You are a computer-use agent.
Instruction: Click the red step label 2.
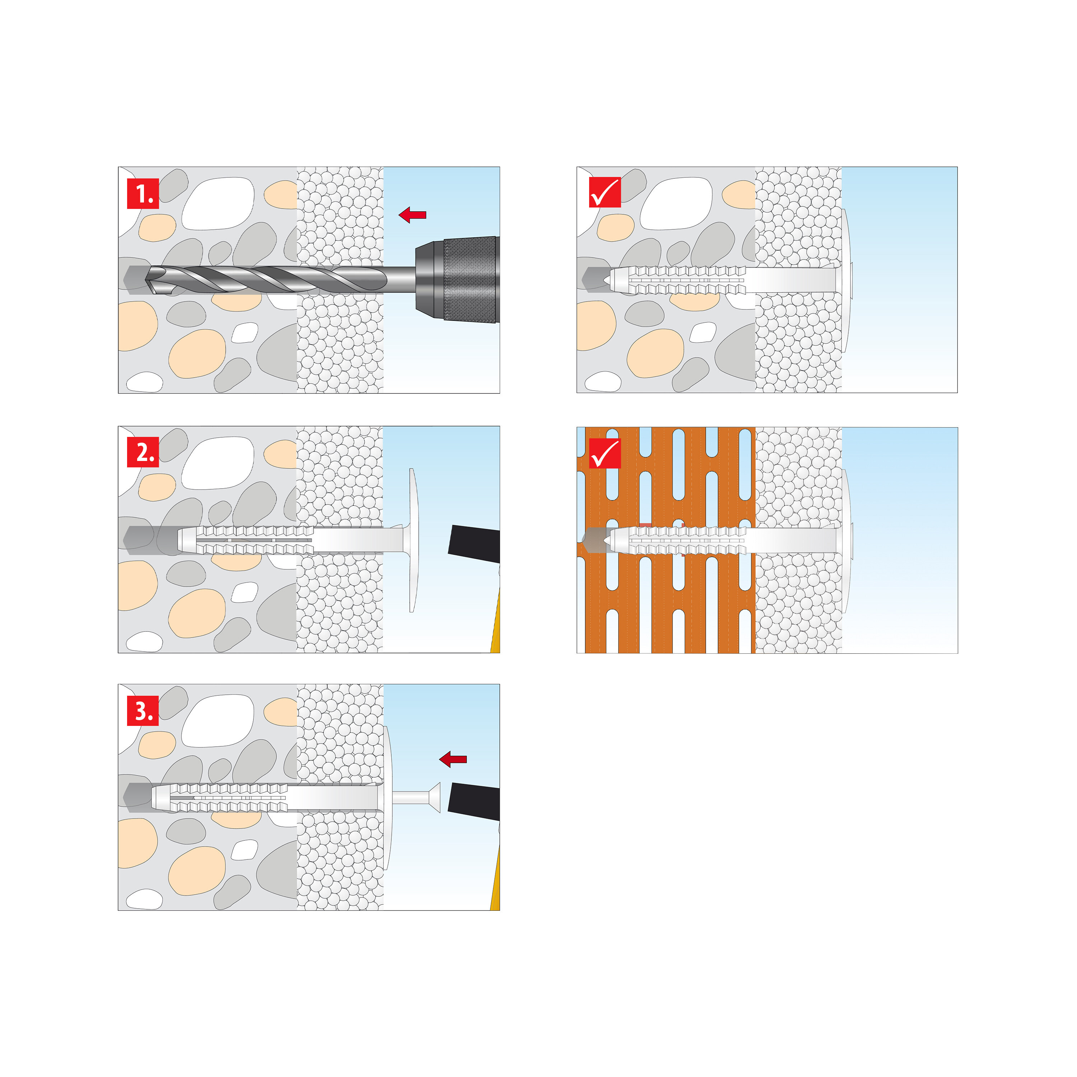[143, 452]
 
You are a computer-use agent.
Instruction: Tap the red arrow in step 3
[453, 759]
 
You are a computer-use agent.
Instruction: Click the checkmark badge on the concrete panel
[605, 192]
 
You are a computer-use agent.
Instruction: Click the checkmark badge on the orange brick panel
[605, 453]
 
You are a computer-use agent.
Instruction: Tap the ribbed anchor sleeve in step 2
[245, 540]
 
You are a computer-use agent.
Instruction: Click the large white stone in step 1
[218, 204]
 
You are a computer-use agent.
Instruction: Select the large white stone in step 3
[218, 721]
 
